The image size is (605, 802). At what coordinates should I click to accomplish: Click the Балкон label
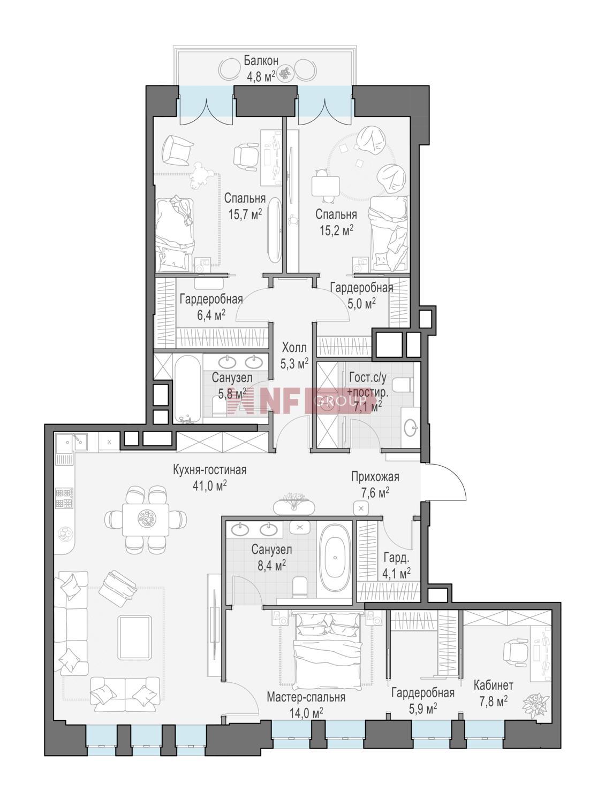coord(261,60)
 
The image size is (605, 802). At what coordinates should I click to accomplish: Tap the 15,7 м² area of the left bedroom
coord(245,214)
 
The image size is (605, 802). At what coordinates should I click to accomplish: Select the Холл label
coord(294,348)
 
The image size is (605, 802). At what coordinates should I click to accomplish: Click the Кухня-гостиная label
coord(209,469)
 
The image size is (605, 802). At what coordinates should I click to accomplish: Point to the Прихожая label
coord(375,477)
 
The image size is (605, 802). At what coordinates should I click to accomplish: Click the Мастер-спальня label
coord(306,697)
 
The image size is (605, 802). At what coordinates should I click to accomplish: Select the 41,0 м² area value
coord(209,485)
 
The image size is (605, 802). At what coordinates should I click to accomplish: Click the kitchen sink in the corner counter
coord(72,443)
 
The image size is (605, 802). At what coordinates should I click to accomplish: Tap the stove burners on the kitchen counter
coord(64,498)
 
